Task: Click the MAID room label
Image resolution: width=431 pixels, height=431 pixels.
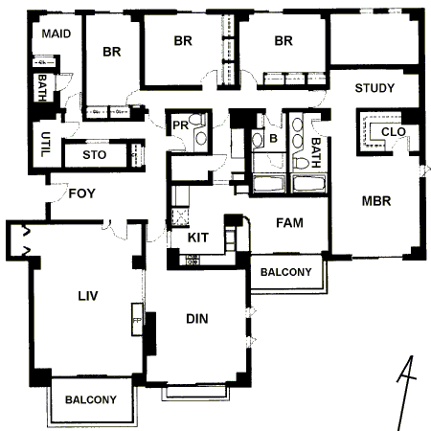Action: point(57,34)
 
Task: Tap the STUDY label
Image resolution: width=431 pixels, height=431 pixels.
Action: point(374,88)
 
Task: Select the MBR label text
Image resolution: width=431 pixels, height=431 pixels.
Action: point(376,201)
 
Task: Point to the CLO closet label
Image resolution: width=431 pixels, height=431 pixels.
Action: point(394,131)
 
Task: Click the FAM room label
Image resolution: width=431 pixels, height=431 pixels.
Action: point(289,223)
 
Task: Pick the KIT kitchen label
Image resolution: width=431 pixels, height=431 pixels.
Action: point(198,238)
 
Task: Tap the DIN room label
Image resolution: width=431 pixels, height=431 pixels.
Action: point(197,319)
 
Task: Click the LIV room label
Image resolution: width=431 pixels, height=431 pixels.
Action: point(88,296)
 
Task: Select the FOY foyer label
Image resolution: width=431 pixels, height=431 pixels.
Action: point(82,193)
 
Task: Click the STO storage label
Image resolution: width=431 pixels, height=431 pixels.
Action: point(94,155)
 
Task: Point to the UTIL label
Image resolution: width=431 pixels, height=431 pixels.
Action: point(45,145)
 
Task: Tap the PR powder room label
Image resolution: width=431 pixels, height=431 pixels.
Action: point(180,125)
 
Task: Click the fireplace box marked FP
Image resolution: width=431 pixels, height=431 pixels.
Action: point(137,319)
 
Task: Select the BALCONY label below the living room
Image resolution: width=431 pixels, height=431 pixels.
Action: point(91,399)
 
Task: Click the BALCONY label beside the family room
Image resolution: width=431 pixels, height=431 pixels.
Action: point(285,272)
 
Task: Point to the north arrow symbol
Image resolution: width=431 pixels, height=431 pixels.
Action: point(406,393)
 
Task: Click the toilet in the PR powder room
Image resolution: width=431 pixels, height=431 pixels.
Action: point(197,120)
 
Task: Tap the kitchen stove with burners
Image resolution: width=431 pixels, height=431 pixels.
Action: point(193,260)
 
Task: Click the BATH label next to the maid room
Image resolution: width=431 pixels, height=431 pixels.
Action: point(42,88)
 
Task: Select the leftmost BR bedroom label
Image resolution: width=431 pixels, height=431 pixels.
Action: point(112,52)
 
